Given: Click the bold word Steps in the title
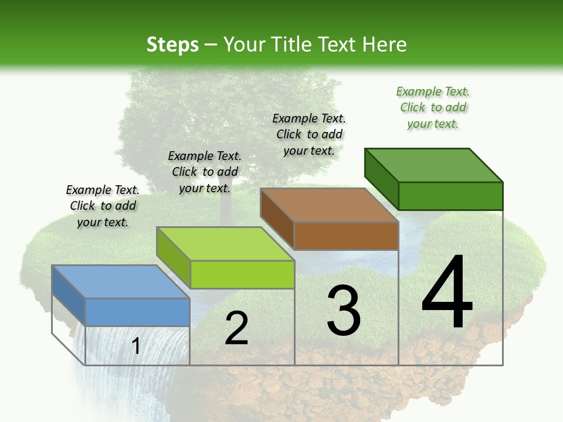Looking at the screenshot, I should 172,45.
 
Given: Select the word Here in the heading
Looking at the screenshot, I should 384,45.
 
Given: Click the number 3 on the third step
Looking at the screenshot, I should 344,311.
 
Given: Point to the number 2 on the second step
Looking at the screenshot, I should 236,328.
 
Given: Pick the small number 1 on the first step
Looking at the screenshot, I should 136,346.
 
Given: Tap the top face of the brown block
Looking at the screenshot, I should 329,205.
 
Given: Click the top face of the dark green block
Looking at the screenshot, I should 433,165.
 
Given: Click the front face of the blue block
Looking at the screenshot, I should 137,312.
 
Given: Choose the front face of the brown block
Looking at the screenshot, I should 346,236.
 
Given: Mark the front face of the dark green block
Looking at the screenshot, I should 450,196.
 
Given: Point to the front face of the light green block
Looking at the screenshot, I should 242,274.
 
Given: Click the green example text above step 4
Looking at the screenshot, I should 433,108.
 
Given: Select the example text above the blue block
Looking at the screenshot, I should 103,206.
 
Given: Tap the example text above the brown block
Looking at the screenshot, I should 309,135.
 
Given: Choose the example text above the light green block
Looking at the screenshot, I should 205,172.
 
